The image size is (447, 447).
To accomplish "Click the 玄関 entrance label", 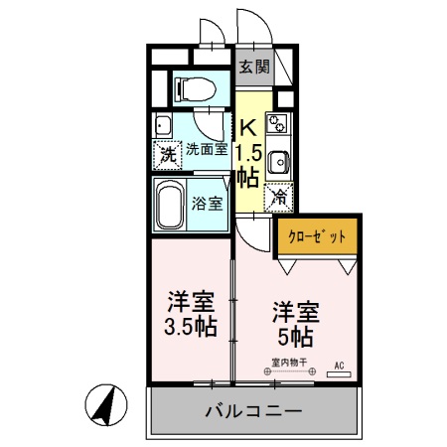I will [254, 68].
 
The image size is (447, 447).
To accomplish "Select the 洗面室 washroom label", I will [207, 150].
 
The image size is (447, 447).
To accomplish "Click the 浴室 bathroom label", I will [207, 199].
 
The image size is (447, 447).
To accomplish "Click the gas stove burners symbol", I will [279, 125].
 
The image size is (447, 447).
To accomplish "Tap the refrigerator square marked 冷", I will [279, 198].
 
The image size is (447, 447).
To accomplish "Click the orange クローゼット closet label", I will [317, 236].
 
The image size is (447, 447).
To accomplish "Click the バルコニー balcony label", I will [254, 408].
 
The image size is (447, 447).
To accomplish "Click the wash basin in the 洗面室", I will [164, 126].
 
